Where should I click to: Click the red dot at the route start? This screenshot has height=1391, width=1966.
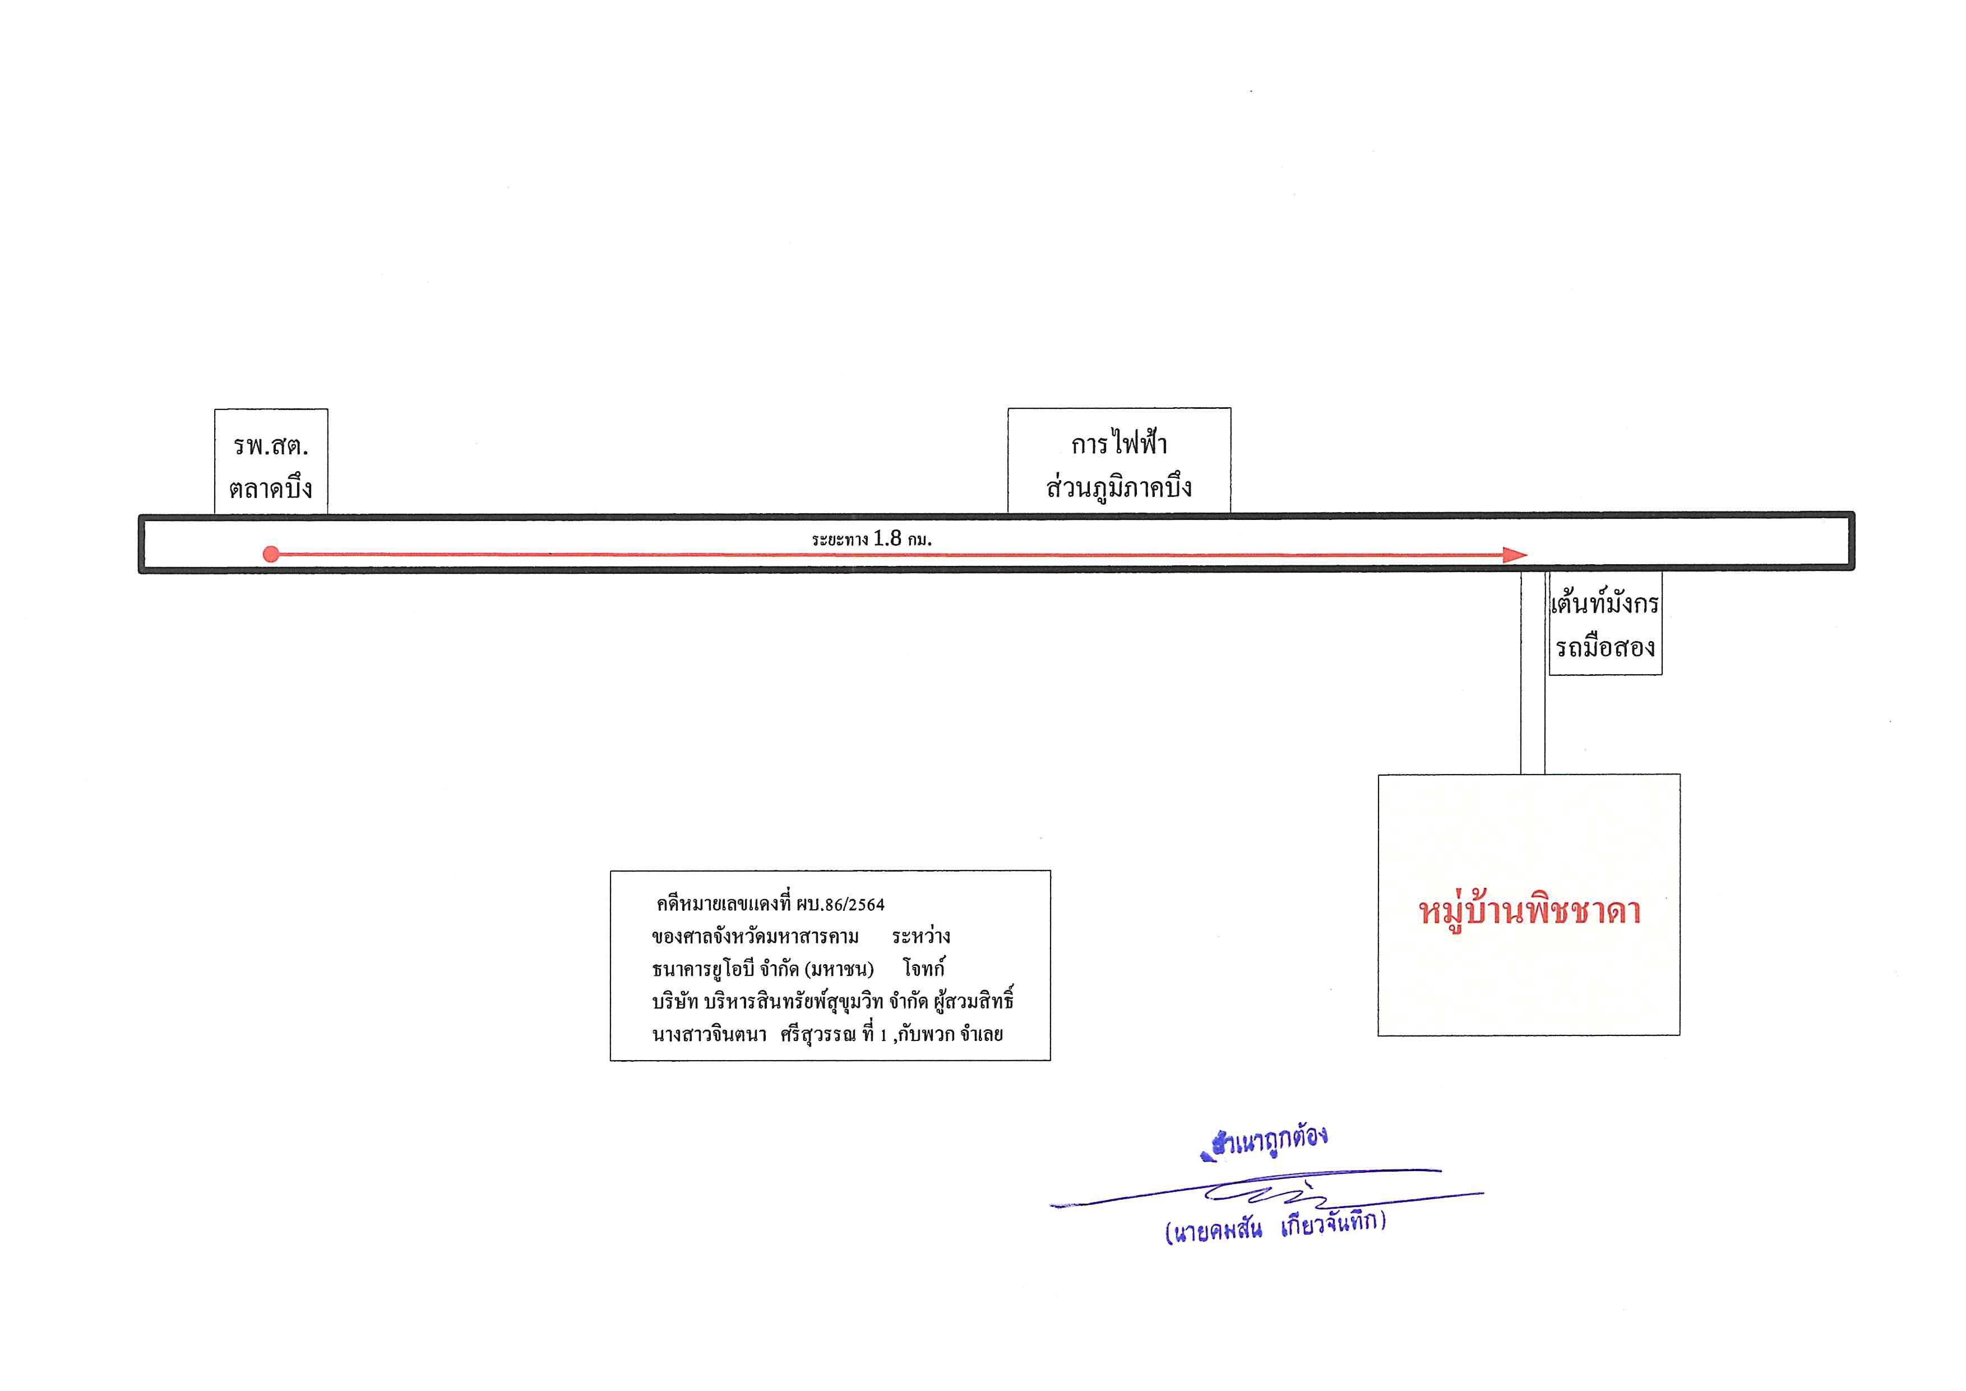pyautogui.click(x=271, y=554)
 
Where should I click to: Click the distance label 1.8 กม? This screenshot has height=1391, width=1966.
pyautogui.click(x=903, y=539)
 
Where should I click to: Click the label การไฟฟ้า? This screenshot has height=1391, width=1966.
pyautogui.click(x=1119, y=443)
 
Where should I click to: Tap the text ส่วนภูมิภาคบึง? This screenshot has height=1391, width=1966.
pyautogui.click(x=1119, y=486)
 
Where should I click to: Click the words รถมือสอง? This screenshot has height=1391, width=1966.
pyautogui.click(x=1604, y=647)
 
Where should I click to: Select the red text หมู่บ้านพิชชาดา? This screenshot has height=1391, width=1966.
pyautogui.click(x=1529, y=911)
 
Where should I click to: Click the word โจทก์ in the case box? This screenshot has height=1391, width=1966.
pyautogui.click(x=924, y=969)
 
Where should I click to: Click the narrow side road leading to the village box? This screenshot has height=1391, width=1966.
pyautogui.click(x=1533, y=673)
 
